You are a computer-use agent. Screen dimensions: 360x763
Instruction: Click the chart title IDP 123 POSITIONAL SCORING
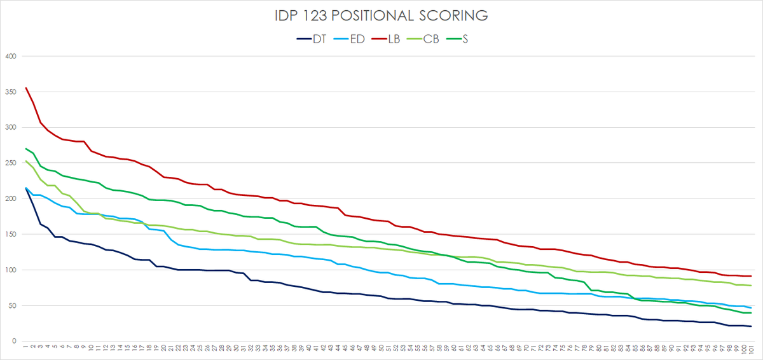381,15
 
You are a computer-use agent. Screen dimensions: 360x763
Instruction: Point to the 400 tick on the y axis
9,57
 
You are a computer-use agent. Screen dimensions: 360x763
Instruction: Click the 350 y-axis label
9,92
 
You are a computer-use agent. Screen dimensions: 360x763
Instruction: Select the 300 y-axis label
9,128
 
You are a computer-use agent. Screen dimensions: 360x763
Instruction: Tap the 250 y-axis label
9,163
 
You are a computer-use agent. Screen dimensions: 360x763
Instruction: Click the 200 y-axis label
9,199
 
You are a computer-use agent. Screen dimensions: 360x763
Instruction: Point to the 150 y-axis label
9,235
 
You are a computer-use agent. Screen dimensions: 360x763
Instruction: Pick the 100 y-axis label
9,270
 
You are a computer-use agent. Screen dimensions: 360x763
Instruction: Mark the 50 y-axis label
11,306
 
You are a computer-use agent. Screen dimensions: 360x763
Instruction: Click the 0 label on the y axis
13,342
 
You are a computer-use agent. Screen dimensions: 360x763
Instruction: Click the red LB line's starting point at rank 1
25,88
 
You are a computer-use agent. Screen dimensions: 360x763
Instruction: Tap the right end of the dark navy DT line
751,326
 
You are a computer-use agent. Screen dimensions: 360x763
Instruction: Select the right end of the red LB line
751,276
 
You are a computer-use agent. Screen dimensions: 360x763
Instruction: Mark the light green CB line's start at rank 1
25,161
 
